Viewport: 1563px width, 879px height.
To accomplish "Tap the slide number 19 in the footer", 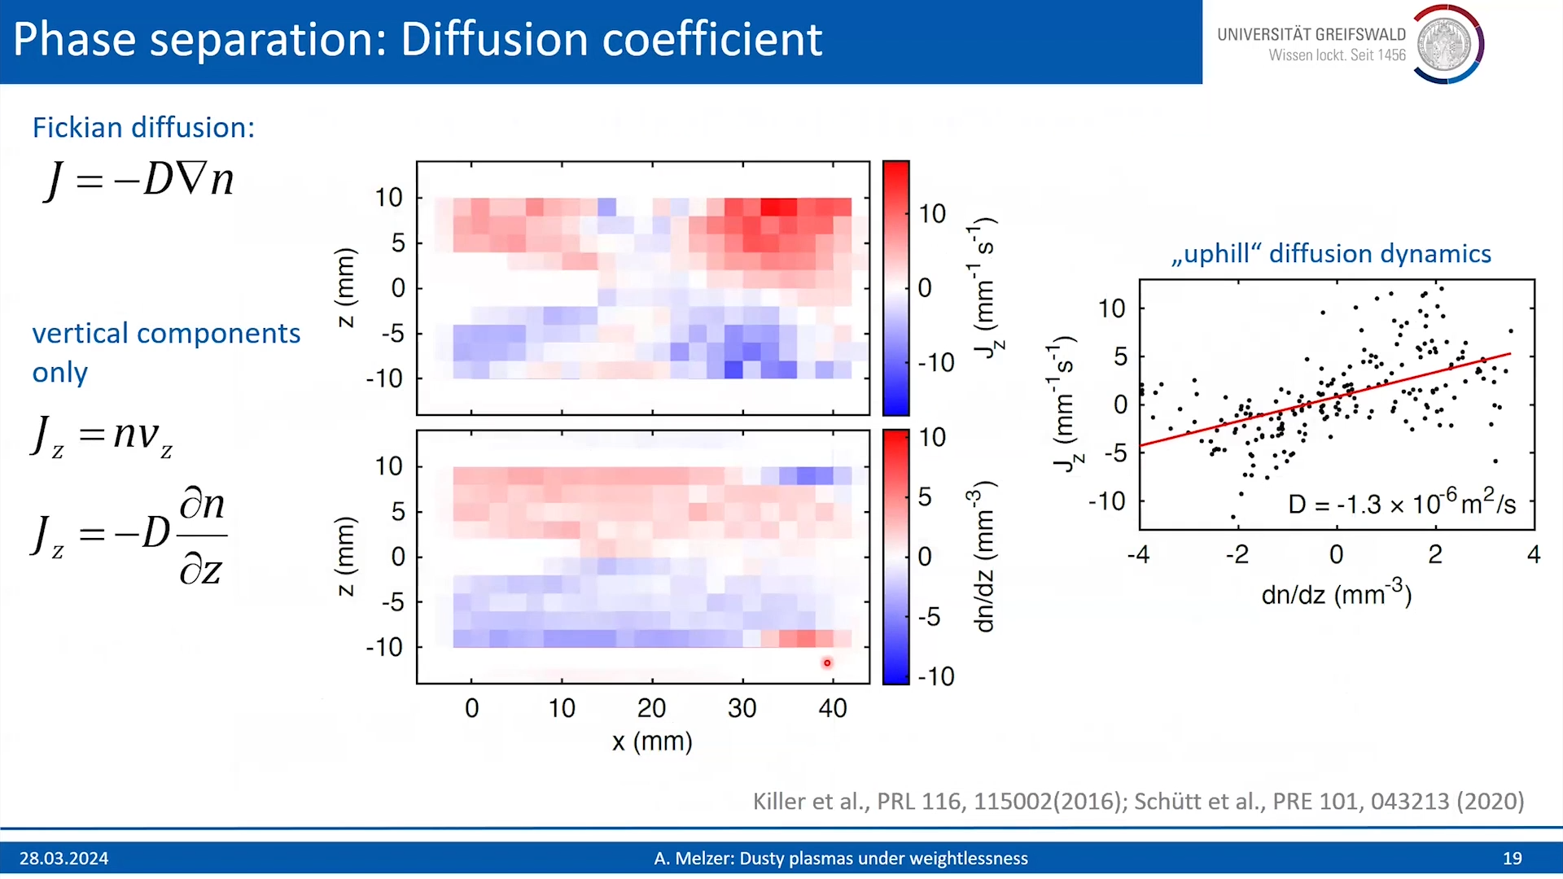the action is (1513, 859).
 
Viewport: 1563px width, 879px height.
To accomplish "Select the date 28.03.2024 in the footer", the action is (64, 859).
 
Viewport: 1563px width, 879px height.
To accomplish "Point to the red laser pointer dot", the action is (827, 663).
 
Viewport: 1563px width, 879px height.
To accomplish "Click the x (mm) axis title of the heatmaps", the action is (652, 741).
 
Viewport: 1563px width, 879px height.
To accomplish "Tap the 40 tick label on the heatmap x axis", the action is (833, 708).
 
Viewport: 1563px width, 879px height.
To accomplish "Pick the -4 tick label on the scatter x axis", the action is (1139, 555).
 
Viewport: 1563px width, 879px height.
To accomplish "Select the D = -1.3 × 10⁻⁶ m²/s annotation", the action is (1402, 502).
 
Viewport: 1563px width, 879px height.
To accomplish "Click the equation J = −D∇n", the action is (139, 179).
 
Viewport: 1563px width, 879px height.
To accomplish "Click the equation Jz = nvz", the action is (103, 436).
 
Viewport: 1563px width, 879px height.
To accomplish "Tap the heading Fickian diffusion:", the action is (143, 128).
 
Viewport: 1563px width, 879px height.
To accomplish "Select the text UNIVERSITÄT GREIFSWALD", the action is (1311, 34).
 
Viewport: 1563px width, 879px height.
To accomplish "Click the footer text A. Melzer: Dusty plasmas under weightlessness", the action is (841, 859).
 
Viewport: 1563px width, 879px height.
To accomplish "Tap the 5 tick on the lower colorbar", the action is (925, 497).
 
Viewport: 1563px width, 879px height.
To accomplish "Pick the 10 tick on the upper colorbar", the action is (932, 214).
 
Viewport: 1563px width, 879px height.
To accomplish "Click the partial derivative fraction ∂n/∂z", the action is (202, 536).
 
